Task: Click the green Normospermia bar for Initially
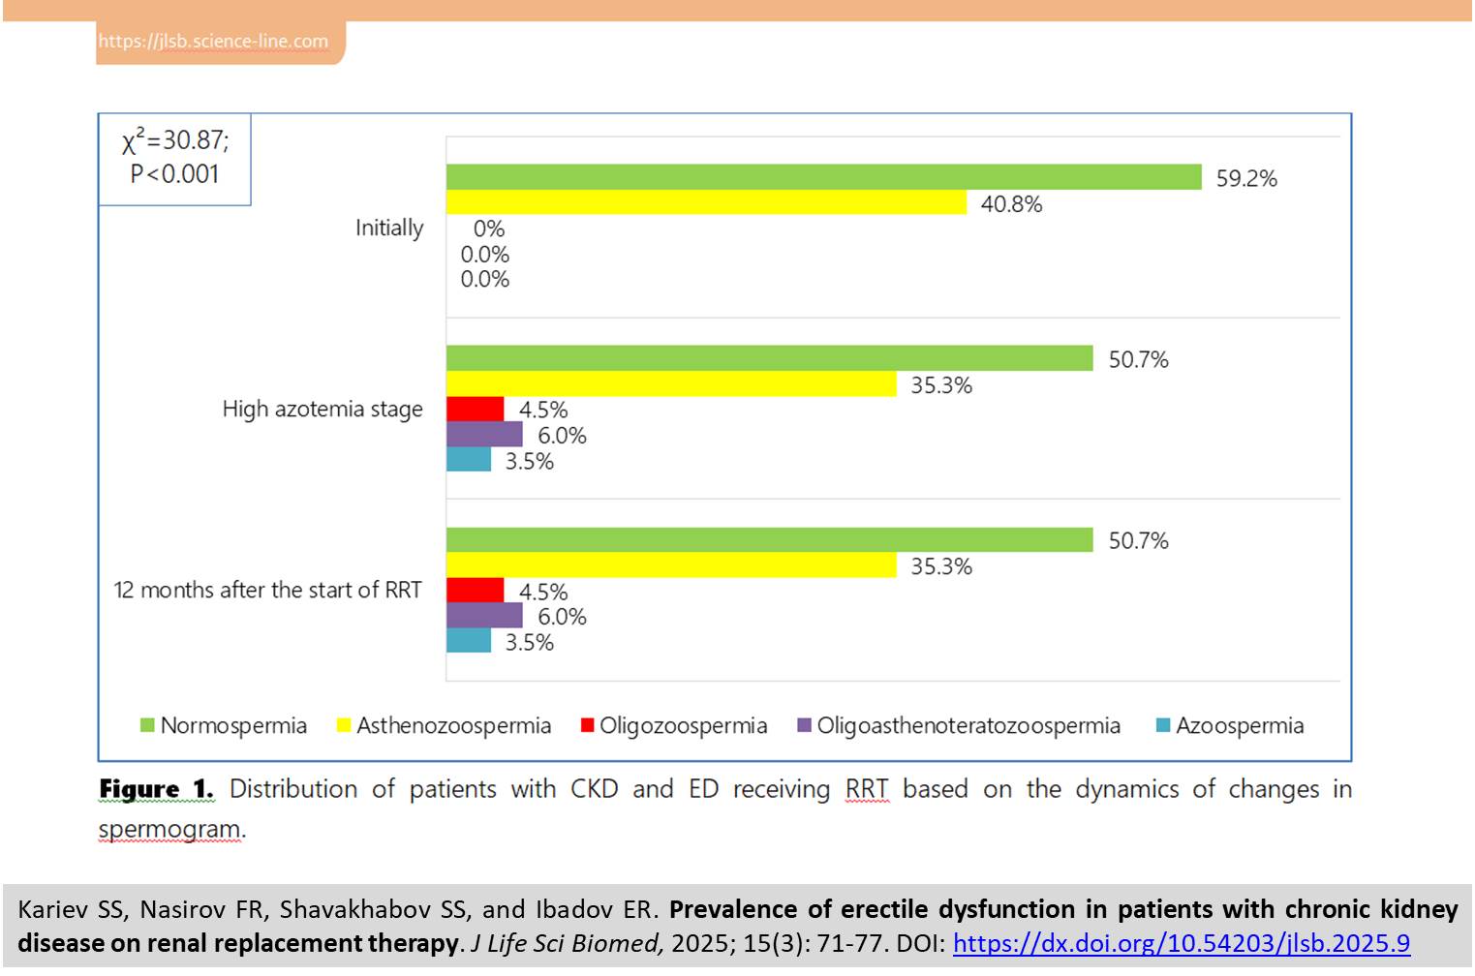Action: pyautogui.click(x=823, y=177)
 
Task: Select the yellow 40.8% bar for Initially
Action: pyautogui.click(x=706, y=202)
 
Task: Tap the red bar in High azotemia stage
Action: pyautogui.click(x=475, y=409)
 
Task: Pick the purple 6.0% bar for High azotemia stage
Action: pyautogui.click(x=484, y=435)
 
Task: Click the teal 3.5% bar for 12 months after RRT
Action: pyautogui.click(x=469, y=641)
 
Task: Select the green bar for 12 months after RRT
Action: pyautogui.click(x=769, y=540)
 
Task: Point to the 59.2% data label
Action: pyautogui.click(x=1246, y=179)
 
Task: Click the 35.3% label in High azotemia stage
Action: pyautogui.click(x=941, y=385)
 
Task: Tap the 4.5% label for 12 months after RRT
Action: pyautogui.click(x=543, y=592)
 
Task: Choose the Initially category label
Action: pyautogui.click(x=389, y=229)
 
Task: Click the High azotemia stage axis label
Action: pyautogui.click(x=323, y=410)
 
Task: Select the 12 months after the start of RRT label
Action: pyautogui.click(x=268, y=591)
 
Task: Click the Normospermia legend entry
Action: pyautogui.click(x=224, y=726)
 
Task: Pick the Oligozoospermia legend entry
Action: pyautogui.click(x=674, y=726)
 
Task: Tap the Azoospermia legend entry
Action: pyautogui.click(x=1230, y=726)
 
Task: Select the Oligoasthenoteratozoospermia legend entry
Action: pyautogui.click(x=959, y=726)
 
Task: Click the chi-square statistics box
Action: pyautogui.click(x=175, y=158)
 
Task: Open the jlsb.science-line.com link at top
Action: pyautogui.click(x=213, y=42)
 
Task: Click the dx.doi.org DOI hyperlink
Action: pyautogui.click(x=1181, y=943)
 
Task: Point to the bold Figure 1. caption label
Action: pyautogui.click(x=156, y=790)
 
